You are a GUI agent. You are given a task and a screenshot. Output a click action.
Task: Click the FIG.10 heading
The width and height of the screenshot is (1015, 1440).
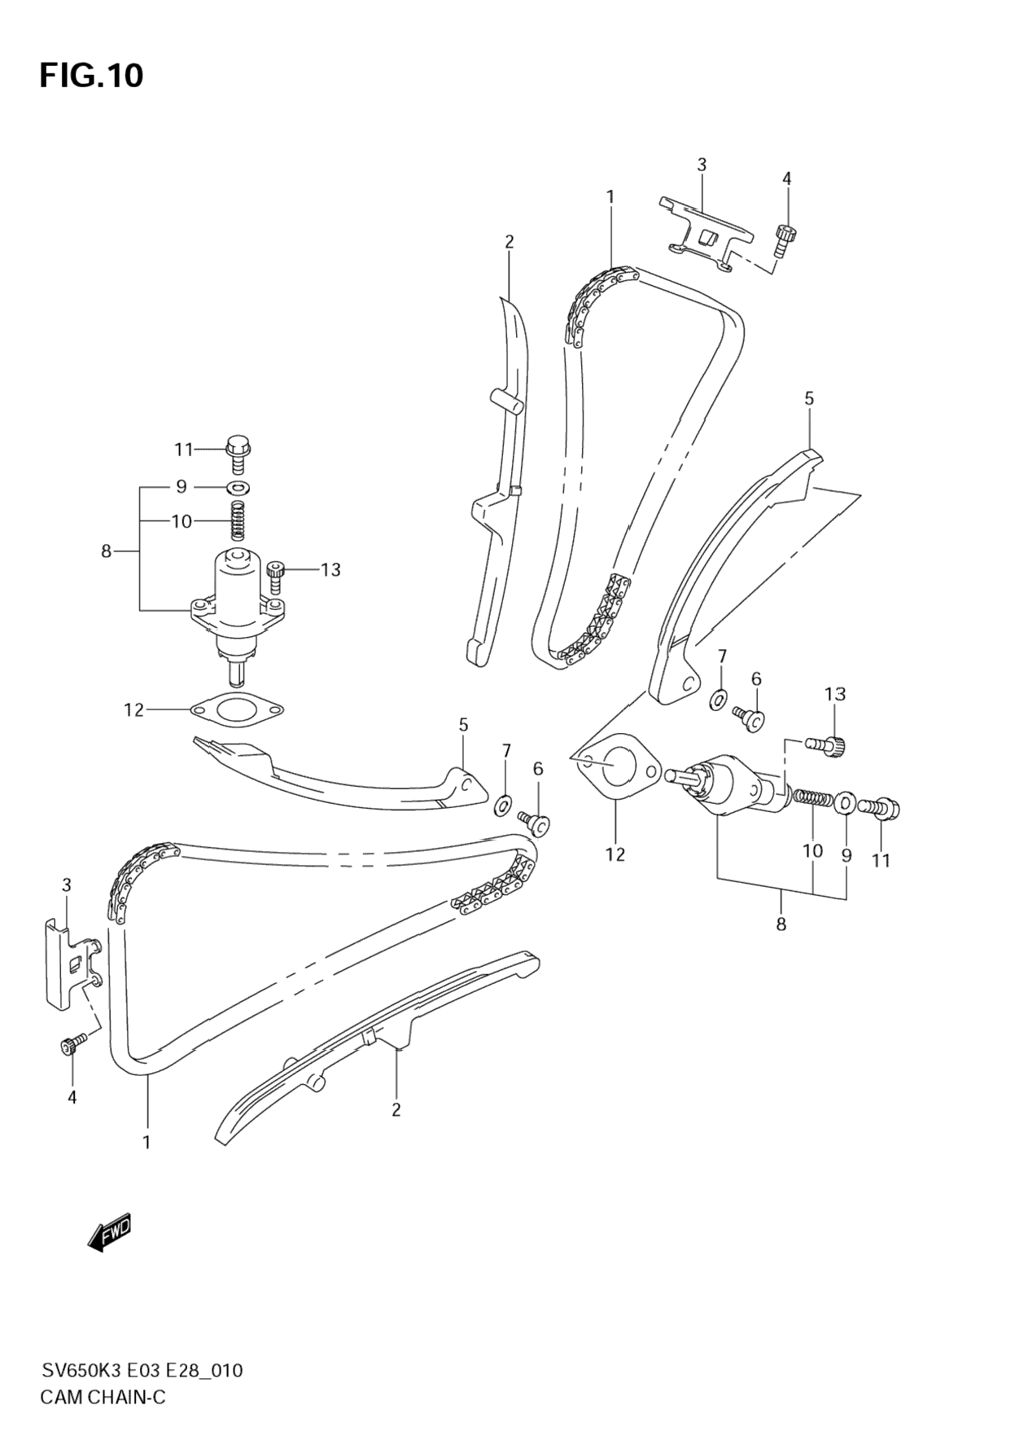pyautogui.click(x=91, y=76)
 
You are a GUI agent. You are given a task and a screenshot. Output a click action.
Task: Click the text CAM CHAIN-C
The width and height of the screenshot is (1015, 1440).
pyautogui.click(x=103, y=1397)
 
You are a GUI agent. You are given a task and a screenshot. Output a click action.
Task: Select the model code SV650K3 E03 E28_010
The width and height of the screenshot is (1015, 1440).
pyautogui.click(x=141, y=1370)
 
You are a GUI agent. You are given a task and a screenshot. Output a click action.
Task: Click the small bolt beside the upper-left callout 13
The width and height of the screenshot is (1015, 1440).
pyautogui.click(x=276, y=575)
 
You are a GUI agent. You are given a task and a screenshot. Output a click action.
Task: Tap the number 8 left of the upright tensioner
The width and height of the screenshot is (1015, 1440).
pyautogui.click(x=106, y=551)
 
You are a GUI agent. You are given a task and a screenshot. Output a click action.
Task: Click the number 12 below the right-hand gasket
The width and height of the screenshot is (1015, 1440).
pyautogui.click(x=615, y=854)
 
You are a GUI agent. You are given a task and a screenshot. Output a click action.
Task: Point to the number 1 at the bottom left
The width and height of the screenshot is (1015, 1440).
pyautogui.click(x=147, y=1142)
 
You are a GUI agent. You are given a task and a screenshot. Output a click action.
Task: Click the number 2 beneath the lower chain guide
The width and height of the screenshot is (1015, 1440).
pyautogui.click(x=396, y=1109)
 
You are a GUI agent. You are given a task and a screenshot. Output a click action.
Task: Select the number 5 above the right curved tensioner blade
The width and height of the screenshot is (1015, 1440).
pyautogui.click(x=808, y=398)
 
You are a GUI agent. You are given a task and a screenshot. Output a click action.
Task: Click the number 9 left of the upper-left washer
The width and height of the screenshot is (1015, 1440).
pyautogui.click(x=182, y=486)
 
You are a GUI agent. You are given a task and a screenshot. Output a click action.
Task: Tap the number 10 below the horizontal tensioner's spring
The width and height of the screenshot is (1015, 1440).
pyautogui.click(x=812, y=850)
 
